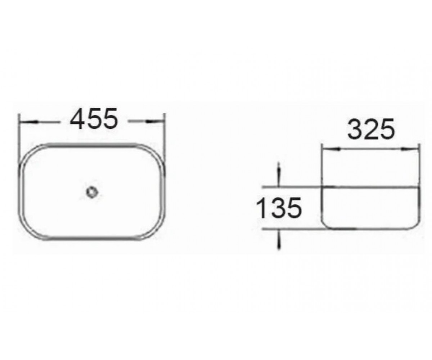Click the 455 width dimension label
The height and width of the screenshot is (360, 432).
click(x=94, y=118)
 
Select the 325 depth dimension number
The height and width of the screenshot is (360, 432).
click(x=371, y=129)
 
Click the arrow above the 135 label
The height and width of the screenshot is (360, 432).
click(x=279, y=174)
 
